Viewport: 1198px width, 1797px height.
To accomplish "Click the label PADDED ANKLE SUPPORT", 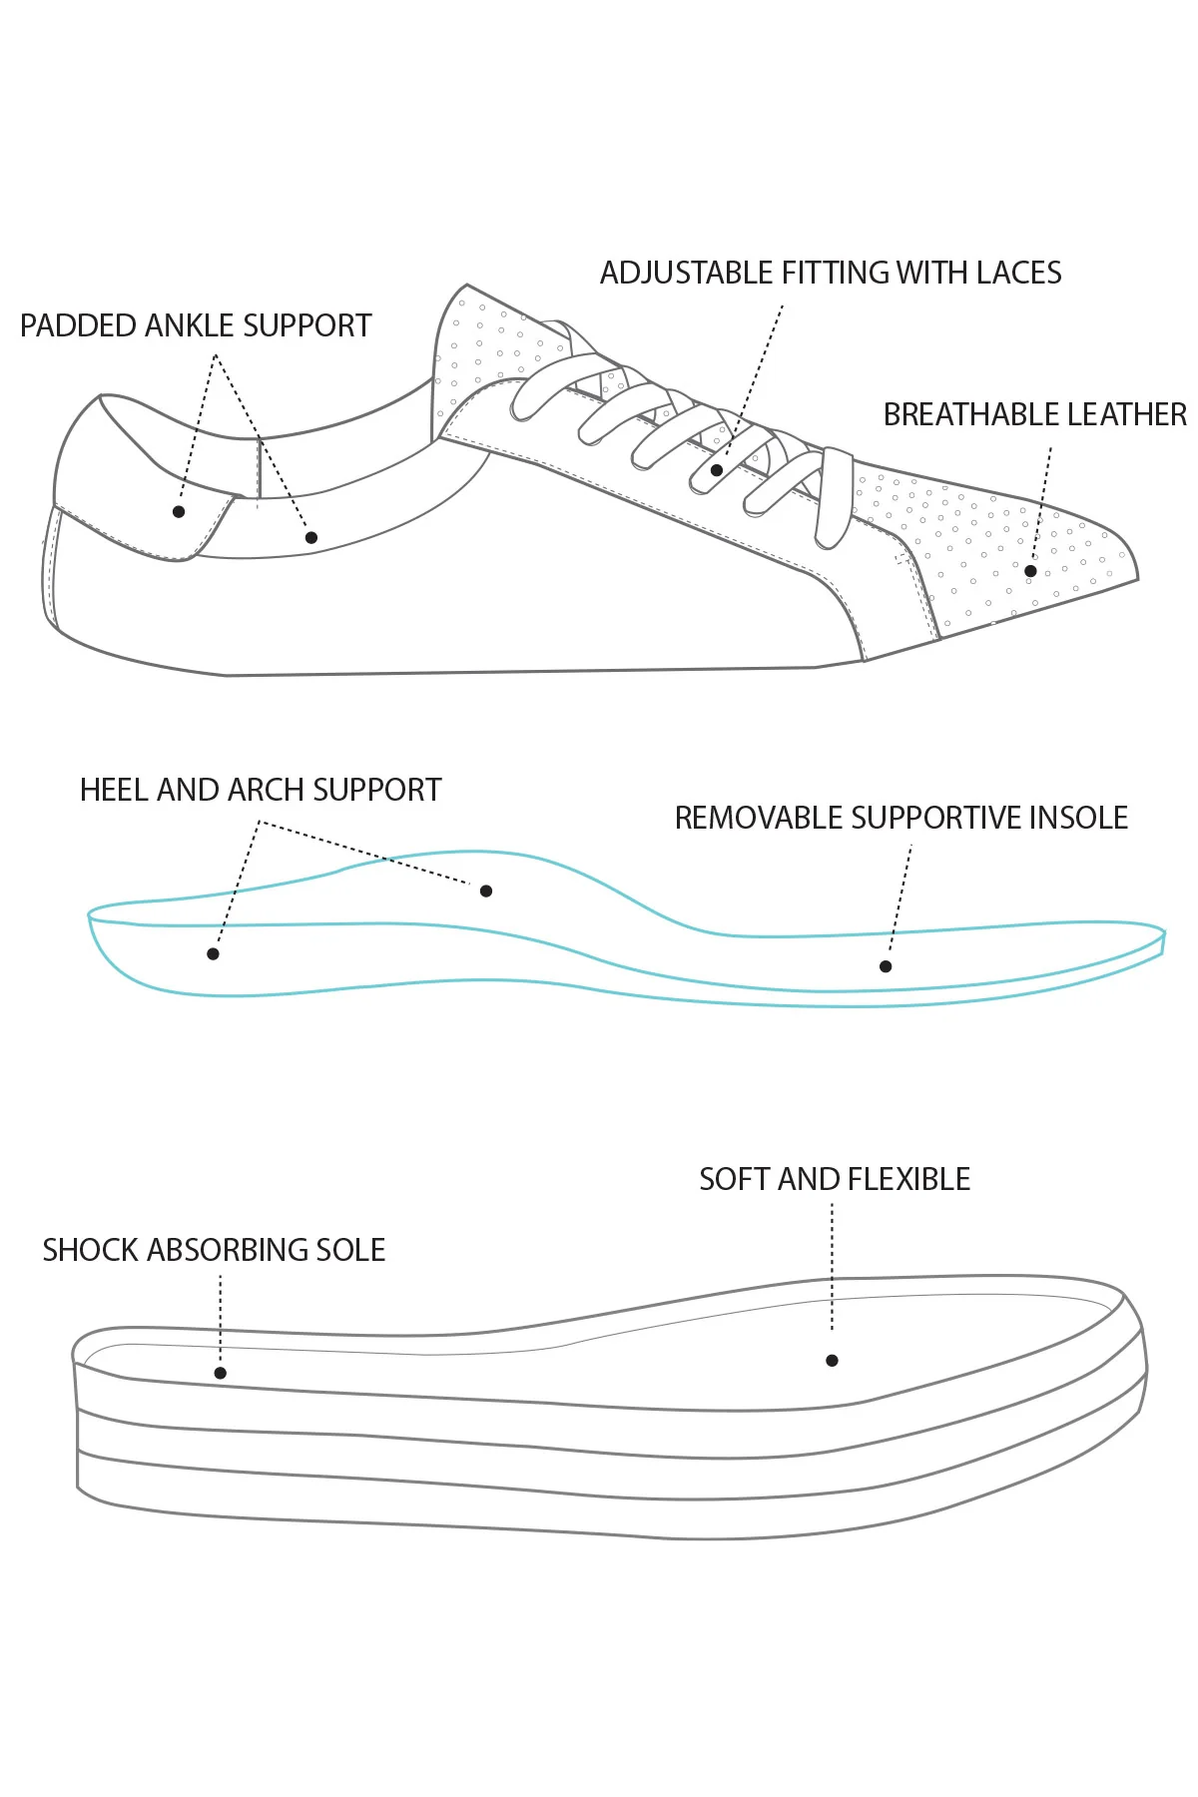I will coord(196,325).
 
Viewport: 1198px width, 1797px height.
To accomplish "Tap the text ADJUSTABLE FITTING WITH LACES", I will coord(830,273).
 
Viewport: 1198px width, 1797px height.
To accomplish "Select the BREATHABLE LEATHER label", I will coord(1034,414).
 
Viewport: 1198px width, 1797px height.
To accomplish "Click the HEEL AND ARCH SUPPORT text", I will coord(260,790).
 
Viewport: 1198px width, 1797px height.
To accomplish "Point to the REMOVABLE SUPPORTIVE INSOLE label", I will coord(900,818).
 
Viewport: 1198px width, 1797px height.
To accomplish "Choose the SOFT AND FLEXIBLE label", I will coord(834,1179).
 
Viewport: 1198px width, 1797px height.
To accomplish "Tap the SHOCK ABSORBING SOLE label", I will coord(214,1250).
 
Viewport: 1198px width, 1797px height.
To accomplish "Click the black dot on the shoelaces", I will coord(717,470).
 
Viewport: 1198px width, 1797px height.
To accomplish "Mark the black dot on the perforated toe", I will coord(1030,571).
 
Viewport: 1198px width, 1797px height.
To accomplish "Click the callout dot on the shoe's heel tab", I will coord(179,512).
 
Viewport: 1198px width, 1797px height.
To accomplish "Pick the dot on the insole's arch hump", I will coord(486,891).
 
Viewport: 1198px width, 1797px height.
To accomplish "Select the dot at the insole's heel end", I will coord(213,954).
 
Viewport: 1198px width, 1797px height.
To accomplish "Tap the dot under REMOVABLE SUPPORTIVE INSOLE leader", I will coord(886,966).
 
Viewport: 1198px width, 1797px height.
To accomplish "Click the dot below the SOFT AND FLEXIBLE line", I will coord(832,1360).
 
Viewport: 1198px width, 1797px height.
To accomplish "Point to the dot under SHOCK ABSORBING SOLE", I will coord(221,1373).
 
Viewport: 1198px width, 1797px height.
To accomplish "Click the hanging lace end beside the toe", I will coord(835,499).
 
